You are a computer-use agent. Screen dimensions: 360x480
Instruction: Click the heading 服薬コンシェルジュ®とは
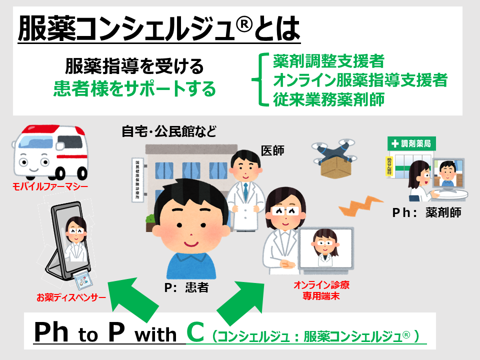pos(158,29)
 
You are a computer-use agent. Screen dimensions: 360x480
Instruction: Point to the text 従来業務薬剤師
pos(328,98)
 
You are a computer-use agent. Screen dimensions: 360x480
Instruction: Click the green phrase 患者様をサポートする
pos(134,89)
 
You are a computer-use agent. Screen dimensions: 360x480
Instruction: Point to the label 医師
pos(272,150)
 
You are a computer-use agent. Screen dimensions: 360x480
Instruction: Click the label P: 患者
pos(186,288)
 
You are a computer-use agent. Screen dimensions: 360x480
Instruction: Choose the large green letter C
pos(195,332)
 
